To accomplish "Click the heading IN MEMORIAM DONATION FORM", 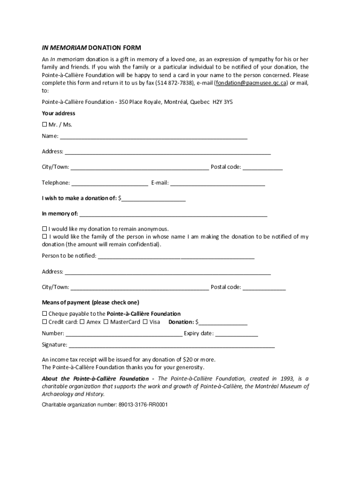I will click(91, 48).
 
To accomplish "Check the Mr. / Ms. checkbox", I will click(45, 124).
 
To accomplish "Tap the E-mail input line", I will click(217, 184).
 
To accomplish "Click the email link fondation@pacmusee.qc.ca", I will click(251, 82).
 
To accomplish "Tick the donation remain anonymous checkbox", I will click(45, 229).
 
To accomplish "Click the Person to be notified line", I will click(176, 257).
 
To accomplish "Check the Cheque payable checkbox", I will click(45, 313).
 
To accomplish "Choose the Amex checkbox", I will click(82, 322).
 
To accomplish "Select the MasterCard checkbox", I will click(106, 322).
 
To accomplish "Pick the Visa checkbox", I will click(145, 322).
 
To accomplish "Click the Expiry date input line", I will click(237, 334).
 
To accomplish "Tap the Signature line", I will click(172, 346).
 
